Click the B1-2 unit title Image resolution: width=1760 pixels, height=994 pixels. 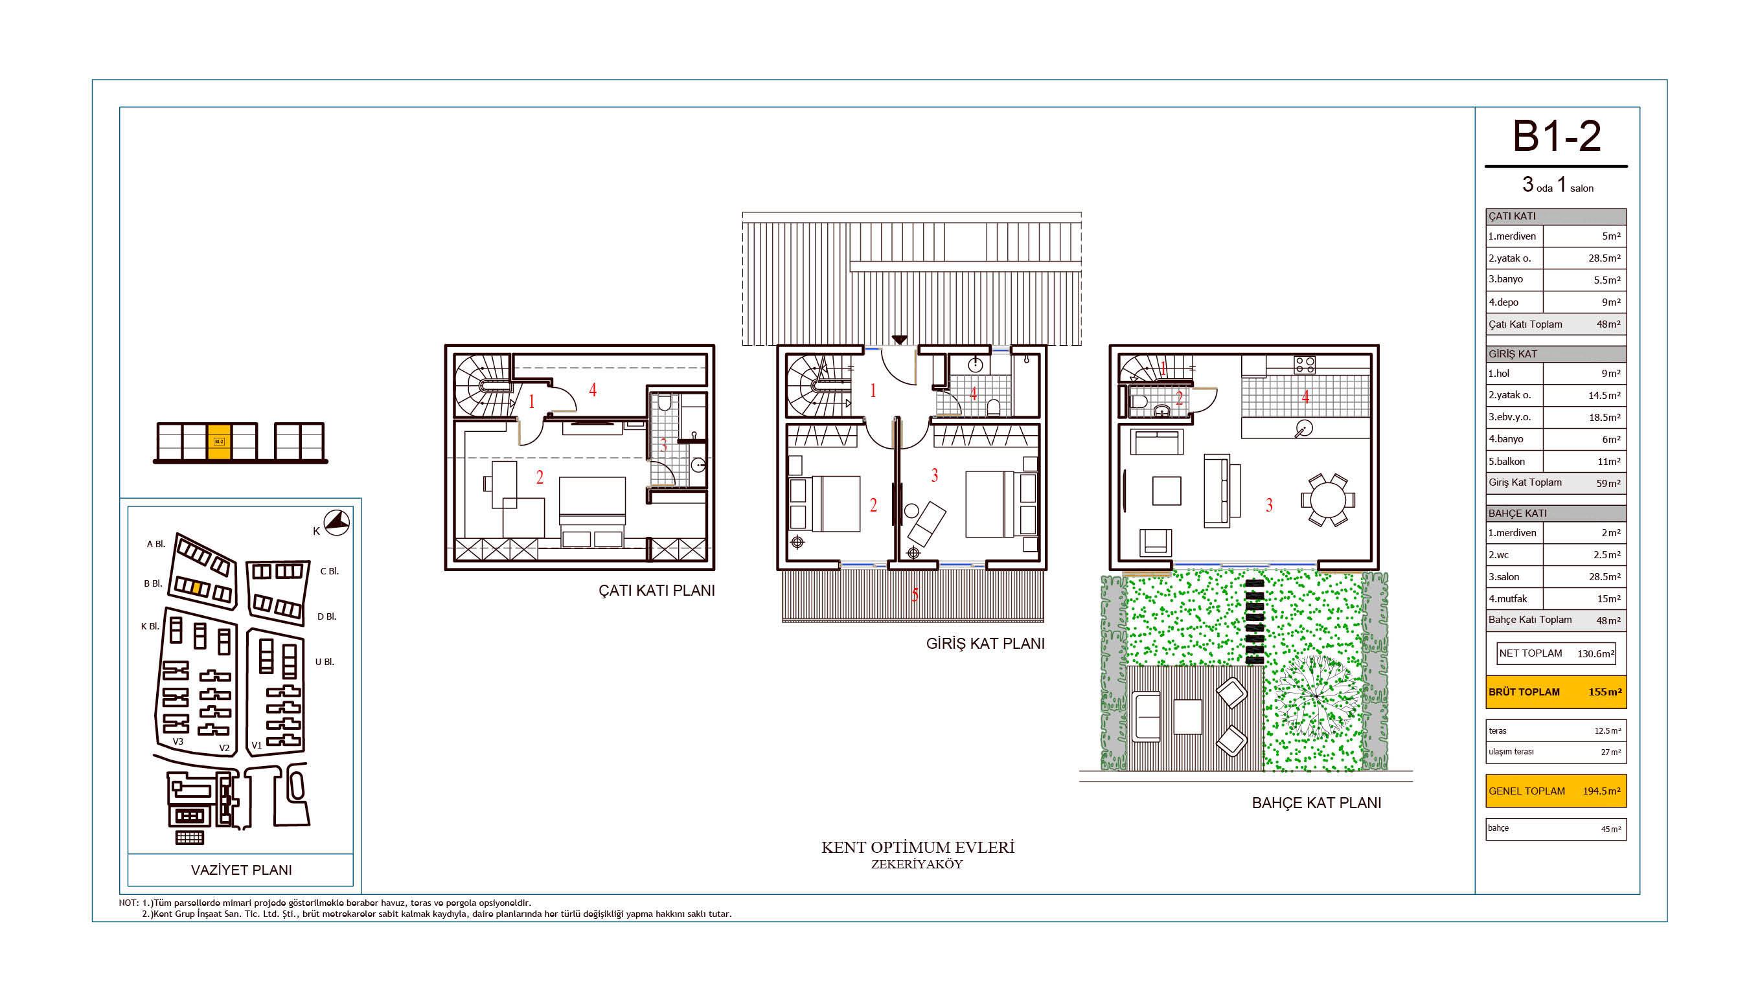[x=1556, y=136]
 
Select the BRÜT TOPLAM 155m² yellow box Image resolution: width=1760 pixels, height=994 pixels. [x=1556, y=692]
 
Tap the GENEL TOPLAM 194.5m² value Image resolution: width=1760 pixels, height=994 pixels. [x=1601, y=791]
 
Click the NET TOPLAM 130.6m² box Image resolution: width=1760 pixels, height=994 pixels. [x=1556, y=653]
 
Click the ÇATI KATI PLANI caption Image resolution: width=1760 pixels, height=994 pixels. [x=657, y=591]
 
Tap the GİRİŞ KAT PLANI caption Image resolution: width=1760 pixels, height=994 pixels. [x=985, y=644]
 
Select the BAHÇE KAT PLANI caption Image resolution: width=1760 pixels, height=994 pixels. [x=1316, y=803]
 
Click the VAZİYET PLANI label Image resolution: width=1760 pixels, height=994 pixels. [x=241, y=870]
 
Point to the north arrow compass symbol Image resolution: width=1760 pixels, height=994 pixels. [x=337, y=523]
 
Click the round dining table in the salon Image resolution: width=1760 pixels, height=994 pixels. [x=1327, y=499]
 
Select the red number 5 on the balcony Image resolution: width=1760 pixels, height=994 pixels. [x=914, y=595]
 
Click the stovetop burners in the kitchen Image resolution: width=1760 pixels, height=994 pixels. [x=1304, y=365]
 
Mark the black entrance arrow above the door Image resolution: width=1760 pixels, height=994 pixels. [x=899, y=339]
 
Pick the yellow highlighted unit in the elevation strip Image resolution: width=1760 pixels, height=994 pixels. [x=219, y=442]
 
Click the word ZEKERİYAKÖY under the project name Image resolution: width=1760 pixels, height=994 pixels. [x=917, y=864]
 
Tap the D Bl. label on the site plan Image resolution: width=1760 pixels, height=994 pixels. [x=326, y=616]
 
